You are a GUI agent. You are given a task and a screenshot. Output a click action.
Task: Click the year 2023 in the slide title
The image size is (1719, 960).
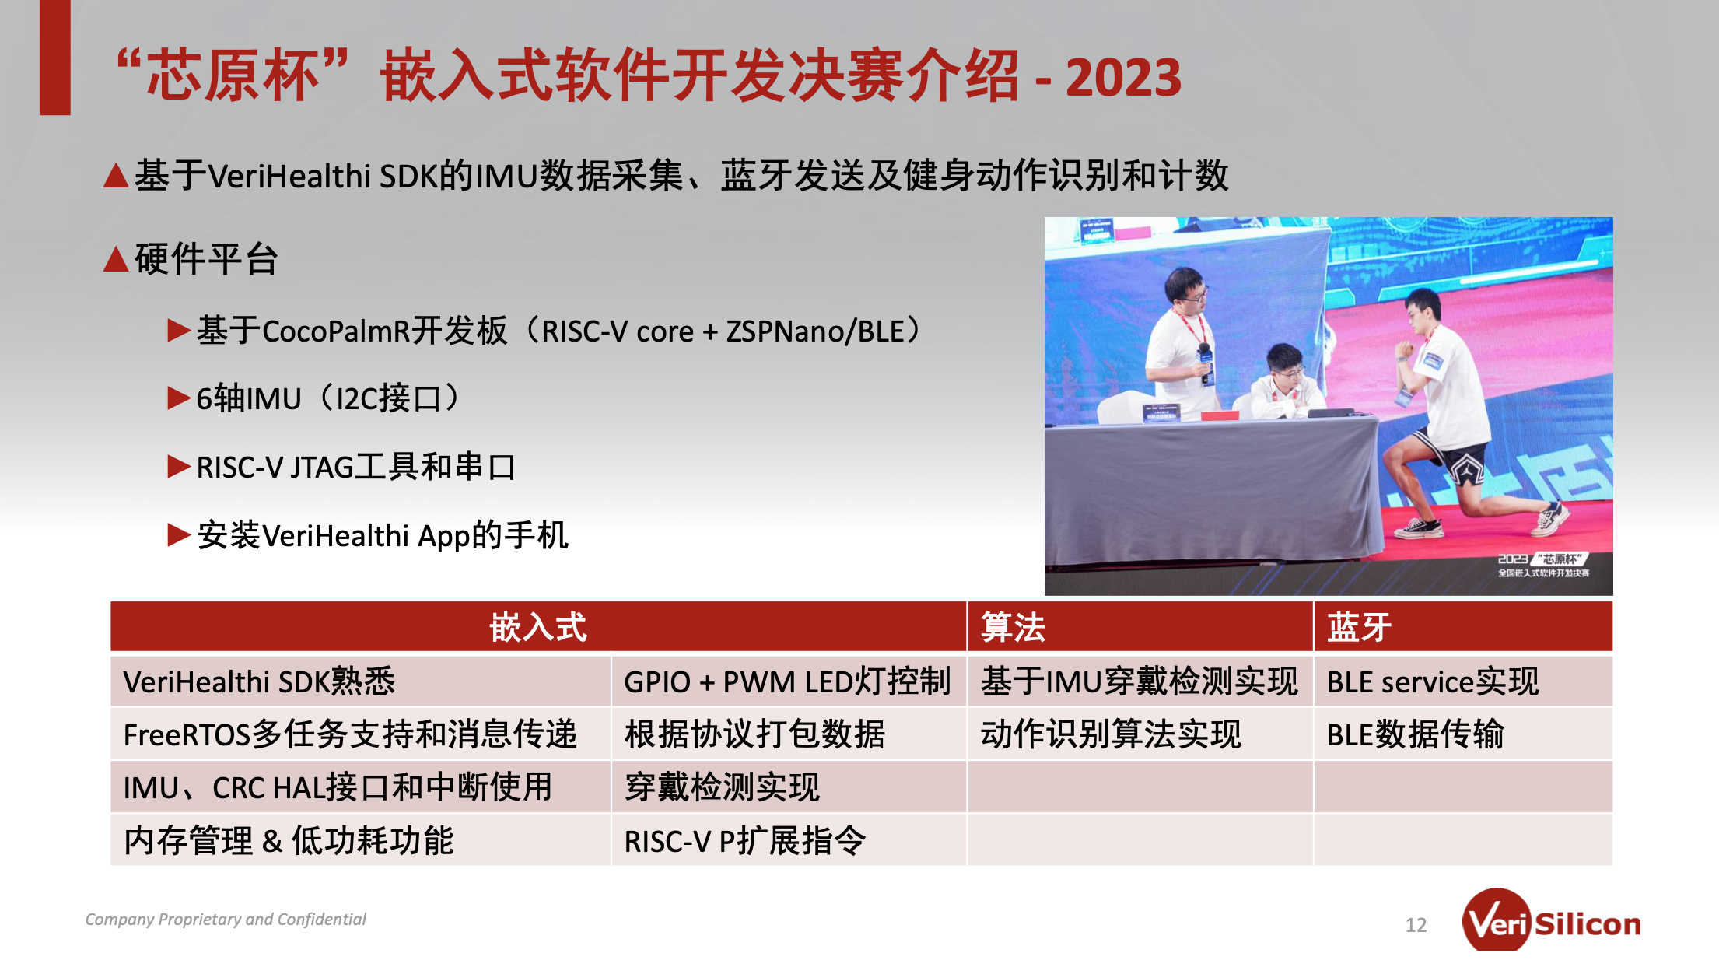(x=1123, y=78)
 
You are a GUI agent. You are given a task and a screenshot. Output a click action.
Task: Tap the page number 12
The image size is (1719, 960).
(x=1416, y=925)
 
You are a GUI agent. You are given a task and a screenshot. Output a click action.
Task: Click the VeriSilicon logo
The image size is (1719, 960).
(x=1551, y=921)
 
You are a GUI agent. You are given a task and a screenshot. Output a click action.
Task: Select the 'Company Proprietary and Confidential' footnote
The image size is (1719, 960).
(x=226, y=920)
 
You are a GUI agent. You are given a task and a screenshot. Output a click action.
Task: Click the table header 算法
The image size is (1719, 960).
(x=1013, y=627)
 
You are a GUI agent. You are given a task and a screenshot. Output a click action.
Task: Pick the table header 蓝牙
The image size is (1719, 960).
(x=1359, y=627)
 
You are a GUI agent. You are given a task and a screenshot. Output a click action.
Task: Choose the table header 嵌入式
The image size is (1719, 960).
(x=538, y=627)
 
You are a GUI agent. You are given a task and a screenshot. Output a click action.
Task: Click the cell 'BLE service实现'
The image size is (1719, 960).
(x=1433, y=681)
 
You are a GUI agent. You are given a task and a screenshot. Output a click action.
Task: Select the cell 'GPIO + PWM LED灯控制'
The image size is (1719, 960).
(x=787, y=681)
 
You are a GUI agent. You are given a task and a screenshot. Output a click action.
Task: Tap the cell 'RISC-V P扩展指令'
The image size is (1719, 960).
(x=744, y=841)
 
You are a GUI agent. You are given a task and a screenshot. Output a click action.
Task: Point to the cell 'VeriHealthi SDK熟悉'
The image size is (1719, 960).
(x=259, y=681)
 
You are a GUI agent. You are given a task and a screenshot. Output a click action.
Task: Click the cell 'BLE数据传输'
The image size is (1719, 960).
(x=1416, y=734)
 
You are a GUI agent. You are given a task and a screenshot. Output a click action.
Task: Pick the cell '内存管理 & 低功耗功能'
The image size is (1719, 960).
(x=289, y=841)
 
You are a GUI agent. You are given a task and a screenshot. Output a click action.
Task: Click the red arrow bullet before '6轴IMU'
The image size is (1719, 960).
(x=179, y=398)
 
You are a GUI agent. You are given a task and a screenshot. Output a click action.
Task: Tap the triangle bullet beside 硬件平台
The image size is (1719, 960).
(x=116, y=259)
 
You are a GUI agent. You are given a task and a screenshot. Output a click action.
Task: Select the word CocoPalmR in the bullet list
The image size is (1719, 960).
(x=337, y=331)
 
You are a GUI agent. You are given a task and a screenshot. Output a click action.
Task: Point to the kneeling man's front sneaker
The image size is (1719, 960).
(x=1419, y=528)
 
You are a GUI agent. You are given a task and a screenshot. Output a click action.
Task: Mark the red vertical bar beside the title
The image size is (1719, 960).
(x=55, y=58)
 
